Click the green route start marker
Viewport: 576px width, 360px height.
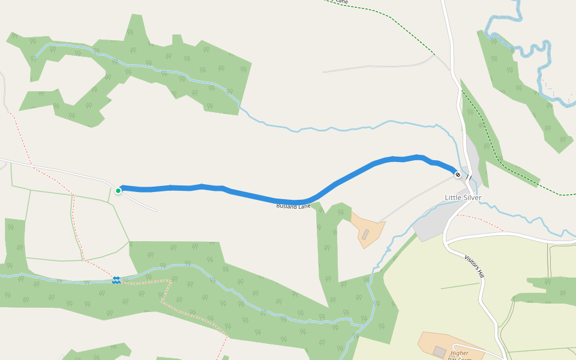118,191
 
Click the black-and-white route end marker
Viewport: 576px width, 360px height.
458,175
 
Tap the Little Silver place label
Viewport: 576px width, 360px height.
463,197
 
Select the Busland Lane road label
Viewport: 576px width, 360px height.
293,206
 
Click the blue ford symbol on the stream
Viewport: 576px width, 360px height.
116,280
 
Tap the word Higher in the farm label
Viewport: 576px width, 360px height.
459,353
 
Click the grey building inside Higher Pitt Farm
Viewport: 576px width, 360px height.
440,352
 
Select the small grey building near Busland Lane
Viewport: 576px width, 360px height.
365,234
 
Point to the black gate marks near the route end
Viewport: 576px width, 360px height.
469,178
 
